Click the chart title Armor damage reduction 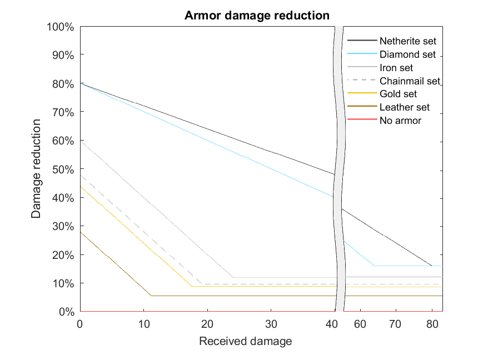257,16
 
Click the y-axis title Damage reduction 36,168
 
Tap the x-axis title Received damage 245,341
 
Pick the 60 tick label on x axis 360,323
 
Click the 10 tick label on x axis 144,323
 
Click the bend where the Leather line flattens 151,296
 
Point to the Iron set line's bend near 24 232,277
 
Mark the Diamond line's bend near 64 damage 374,266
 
